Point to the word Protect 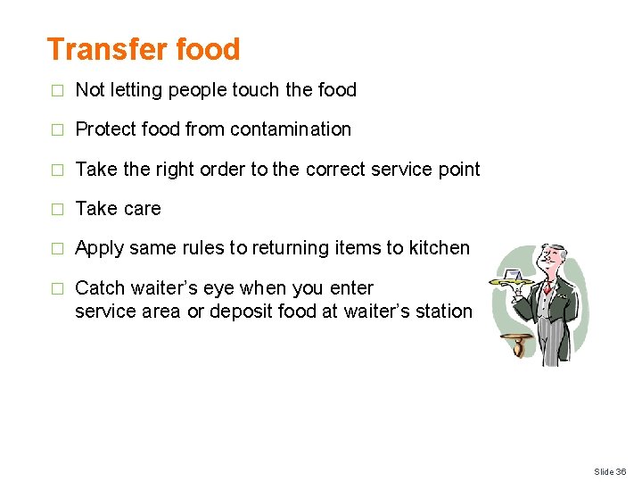point(104,129)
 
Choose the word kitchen point(439,248)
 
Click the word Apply point(99,248)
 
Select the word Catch point(100,288)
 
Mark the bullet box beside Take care point(58,209)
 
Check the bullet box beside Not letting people point(58,90)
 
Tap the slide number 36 point(621,470)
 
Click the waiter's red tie point(546,287)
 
